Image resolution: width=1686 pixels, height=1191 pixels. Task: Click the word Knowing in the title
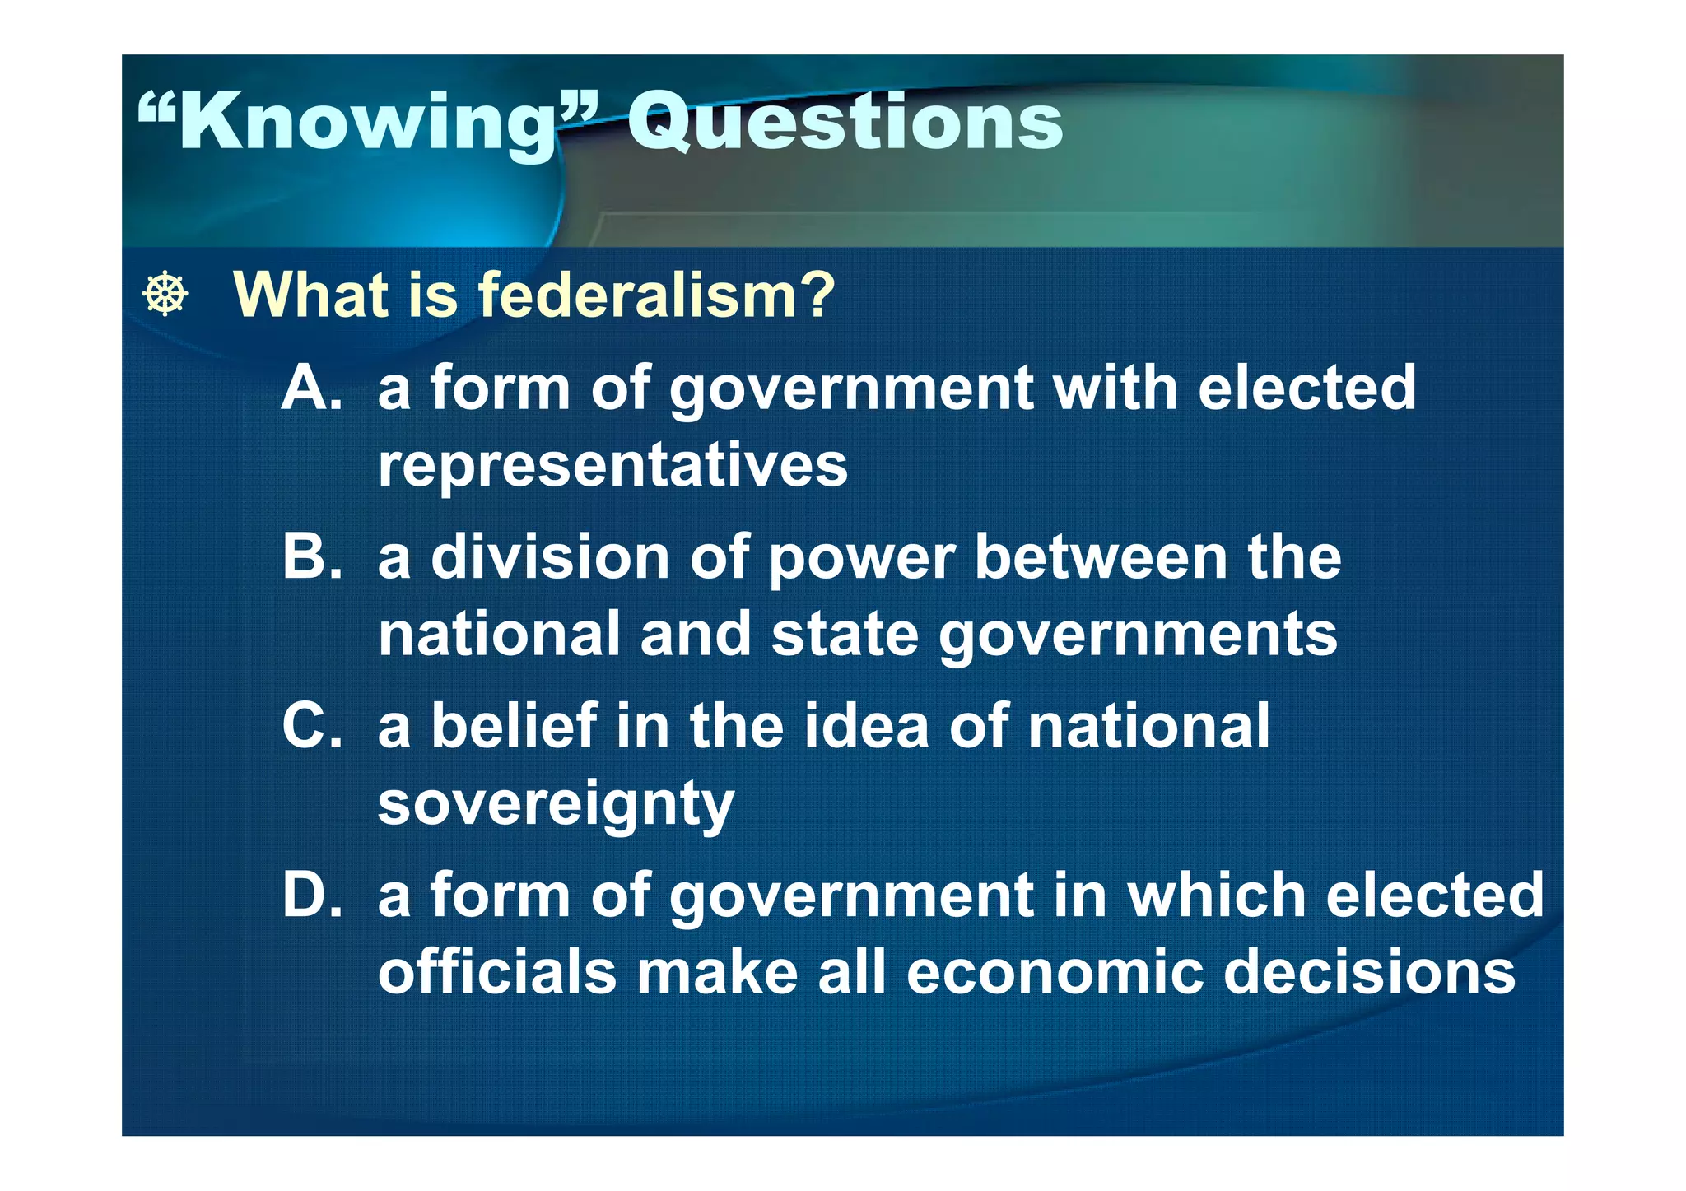[366, 123]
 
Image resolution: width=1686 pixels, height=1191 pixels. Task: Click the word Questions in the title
[845, 122]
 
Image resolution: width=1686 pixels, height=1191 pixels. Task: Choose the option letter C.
[310, 726]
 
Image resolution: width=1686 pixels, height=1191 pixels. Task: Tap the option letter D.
[310, 895]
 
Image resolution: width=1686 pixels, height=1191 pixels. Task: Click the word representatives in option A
[612, 466]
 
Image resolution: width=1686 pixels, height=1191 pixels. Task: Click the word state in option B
[845, 635]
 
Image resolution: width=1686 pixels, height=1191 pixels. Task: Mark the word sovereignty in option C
[556, 805]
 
